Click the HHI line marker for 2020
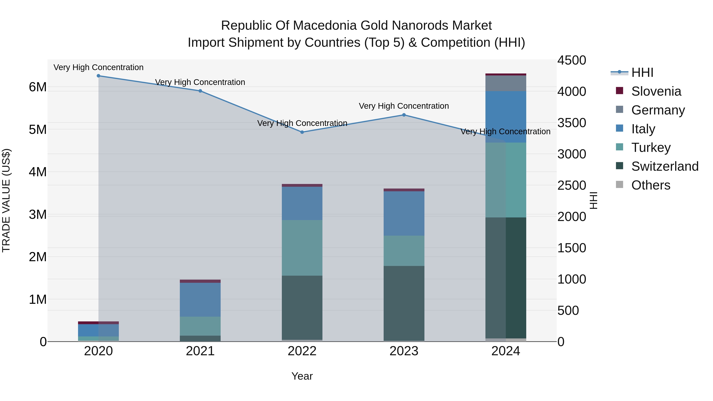99,76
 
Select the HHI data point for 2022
302,132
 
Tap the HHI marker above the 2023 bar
404,115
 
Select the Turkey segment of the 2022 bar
302,248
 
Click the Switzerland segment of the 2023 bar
404,303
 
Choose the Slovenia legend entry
656,91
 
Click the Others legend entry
650,185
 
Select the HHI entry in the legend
642,72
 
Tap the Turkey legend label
651,148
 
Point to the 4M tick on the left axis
38,172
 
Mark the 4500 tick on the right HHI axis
572,60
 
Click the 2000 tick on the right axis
572,216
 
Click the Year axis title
302,376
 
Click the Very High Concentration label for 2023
404,106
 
